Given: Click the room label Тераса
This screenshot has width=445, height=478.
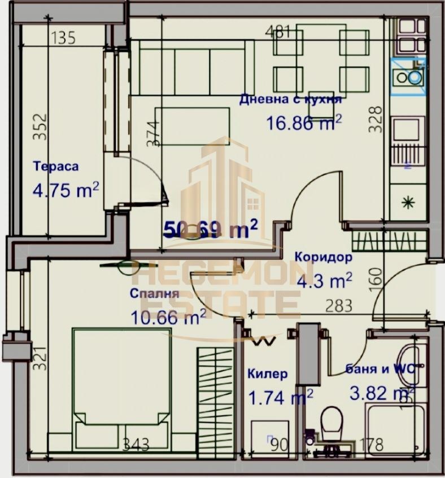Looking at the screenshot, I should point(55,166).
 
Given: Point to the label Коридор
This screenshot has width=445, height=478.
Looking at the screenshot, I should point(323,257).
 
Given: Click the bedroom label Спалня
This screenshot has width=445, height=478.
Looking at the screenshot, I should point(154,293).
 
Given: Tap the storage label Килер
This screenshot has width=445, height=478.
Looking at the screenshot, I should point(267,374).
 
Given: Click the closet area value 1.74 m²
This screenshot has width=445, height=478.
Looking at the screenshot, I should point(281,397).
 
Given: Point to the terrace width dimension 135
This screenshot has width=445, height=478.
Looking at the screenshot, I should point(63,38).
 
